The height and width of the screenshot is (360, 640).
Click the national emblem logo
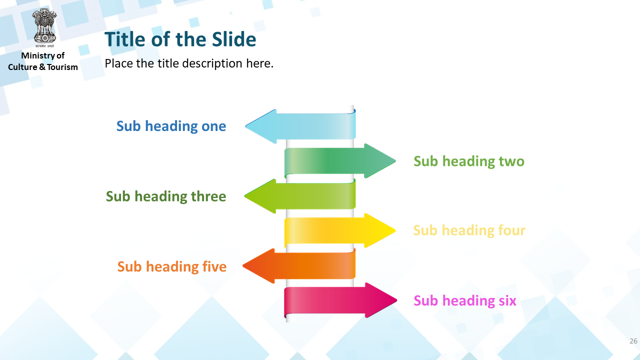(44, 28)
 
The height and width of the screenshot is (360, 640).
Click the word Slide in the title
(234, 39)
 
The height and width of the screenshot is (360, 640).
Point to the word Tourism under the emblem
(62, 67)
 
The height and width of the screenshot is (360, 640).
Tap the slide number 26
(633, 341)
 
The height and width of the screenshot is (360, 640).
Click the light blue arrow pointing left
(300, 126)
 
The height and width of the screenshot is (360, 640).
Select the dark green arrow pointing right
(340, 161)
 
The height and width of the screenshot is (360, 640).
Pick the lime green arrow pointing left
(300, 196)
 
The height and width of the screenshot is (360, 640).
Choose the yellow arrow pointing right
(340, 230)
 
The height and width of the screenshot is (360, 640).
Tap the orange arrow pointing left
(299, 265)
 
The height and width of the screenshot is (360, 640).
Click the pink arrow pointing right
(340, 300)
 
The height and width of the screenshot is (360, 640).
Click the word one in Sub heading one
(213, 126)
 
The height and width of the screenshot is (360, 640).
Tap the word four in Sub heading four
(511, 230)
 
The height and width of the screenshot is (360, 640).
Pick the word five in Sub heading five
(214, 266)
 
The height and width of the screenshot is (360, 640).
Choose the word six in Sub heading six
(507, 300)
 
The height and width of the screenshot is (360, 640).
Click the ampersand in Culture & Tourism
(42, 67)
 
